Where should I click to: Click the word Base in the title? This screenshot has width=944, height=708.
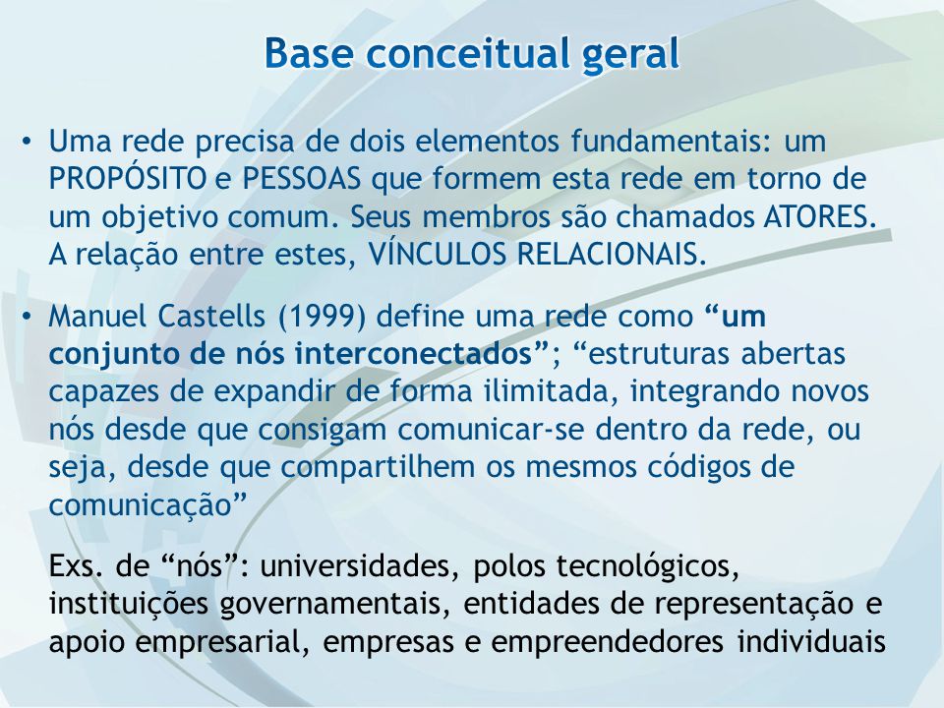308,53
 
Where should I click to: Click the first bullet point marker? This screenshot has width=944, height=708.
26,144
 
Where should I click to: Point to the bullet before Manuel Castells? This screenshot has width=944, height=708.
26,318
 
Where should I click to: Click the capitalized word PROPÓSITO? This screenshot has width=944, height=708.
128,178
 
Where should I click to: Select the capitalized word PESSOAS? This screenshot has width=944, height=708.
302,179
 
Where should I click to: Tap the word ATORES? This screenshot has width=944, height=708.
819,216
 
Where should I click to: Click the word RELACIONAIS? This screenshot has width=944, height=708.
611,254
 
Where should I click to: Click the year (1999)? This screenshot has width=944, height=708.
323,317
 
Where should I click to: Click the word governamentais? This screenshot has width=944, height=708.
334,605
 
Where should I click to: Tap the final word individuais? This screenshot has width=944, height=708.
811,641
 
